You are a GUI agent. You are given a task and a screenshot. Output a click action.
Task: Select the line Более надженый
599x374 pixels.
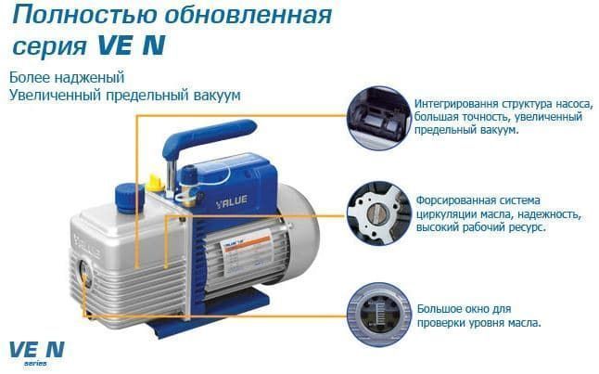(x=66, y=77)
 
